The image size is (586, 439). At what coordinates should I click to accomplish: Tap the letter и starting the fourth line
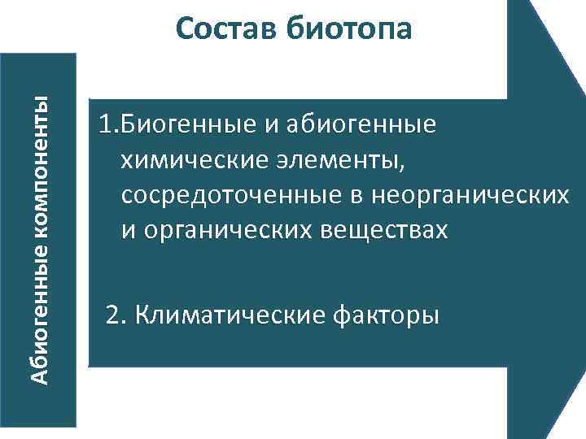click(128, 231)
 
